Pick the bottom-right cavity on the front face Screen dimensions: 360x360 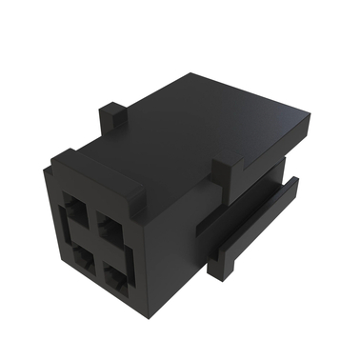[118, 279]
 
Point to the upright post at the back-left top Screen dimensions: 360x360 [113, 118]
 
